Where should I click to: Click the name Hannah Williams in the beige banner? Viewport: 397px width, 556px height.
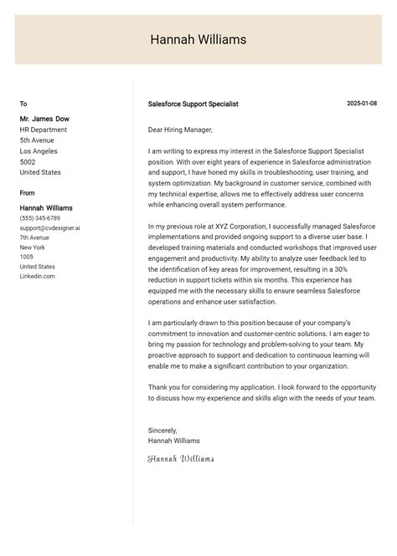(x=198, y=39)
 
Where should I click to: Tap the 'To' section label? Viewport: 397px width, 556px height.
(x=23, y=104)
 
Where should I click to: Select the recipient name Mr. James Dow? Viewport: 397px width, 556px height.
(x=46, y=119)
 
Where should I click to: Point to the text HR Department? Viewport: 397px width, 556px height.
(x=44, y=130)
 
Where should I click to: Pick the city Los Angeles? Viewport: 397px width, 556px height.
(x=39, y=151)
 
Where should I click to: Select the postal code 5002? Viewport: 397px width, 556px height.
(x=28, y=162)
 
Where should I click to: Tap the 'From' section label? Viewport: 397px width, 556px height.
(x=28, y=193)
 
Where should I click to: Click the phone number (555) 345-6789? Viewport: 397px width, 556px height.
(x=40, y=218)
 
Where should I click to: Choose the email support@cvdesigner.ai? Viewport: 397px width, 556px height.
(x=50, y=228)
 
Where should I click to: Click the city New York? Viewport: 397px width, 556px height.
(x=33, y=247)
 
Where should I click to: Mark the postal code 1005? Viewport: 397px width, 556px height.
(x=27, y=258)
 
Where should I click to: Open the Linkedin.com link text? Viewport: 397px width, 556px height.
(x=38, y=276)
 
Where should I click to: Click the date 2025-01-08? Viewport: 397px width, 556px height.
(x=362, y=104)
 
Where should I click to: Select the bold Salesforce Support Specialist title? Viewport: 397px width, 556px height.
(x=193, y=104)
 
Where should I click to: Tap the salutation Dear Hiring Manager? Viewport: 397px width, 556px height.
(x=180, y=130)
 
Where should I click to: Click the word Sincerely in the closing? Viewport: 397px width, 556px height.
(x=162, y=431)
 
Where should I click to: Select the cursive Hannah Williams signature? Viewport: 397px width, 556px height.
(x=181, y=458)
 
